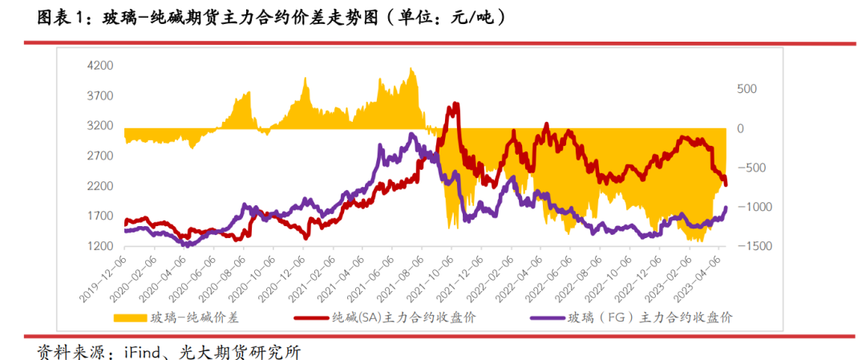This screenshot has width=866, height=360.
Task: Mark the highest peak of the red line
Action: [456, 103]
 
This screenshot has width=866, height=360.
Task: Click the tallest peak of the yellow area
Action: [411, 69]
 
